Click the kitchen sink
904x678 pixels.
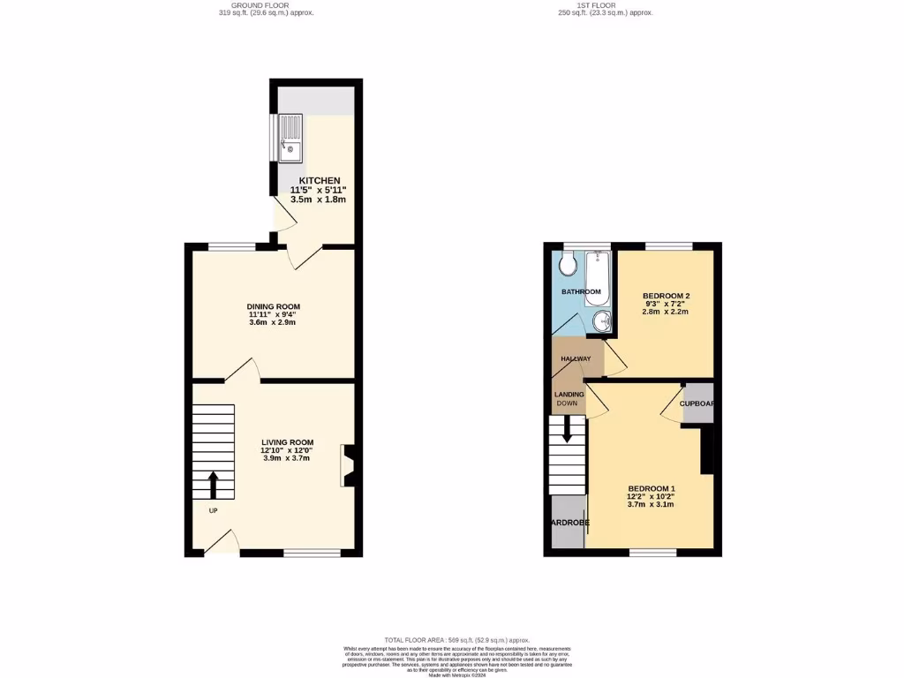click(x=290, y=140)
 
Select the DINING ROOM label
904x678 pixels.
click(x=279, y=306)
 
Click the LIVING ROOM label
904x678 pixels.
click(x=287, y=442)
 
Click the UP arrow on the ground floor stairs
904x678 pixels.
click(x=213, y=485)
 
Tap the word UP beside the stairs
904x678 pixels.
click(x=213, y=511)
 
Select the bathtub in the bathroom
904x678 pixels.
click(x=598, y=278)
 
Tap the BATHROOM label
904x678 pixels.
click(x=581, y=292)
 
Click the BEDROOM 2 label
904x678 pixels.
click(x=666, y=296)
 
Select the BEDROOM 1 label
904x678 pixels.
click(x=652, y=489)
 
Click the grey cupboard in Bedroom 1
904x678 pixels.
click(x=697, y=403)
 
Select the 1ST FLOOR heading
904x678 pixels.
click(x=594, y=5)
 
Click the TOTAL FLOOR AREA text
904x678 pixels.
click(x=456, y=640)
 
